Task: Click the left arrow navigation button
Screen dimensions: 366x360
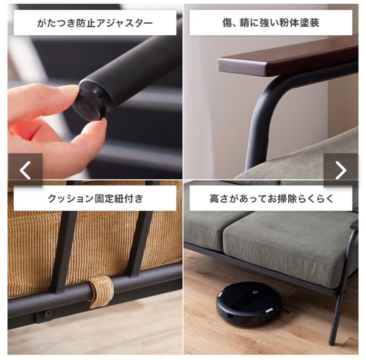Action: click(x=25, y=170)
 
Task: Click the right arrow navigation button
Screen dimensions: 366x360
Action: click(x=341, y=170)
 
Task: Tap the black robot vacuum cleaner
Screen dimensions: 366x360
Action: click(x=249, y=303)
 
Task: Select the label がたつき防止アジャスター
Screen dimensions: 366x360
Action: click(x=95, y=23)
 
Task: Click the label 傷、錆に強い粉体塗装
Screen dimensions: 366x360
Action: click(x=271, y=23)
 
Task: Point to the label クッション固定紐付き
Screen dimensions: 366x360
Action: click(x=95, y=199)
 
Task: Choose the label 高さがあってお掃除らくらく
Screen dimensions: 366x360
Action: click(x=271, y=199)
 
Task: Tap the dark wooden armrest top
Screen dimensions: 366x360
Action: click(x=287, y=58)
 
